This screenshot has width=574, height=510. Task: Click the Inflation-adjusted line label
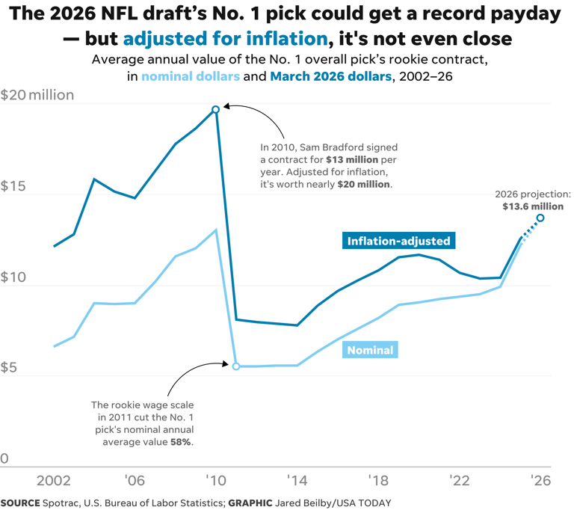(399, 241)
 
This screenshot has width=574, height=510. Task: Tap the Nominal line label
(368, 349)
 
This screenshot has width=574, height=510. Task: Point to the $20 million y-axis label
(37, 95)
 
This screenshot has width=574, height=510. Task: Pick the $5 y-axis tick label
(10, 368)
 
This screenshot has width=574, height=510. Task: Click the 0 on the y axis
(4, 458)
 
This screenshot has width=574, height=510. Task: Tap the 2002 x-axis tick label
(54, 482)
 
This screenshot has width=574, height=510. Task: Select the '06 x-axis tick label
(135, 482)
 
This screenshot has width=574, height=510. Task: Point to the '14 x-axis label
(297, 482)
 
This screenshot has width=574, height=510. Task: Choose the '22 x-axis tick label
(459, 482)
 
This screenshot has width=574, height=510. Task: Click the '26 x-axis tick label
(540, 482)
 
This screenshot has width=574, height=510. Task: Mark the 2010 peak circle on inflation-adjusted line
(216, 109)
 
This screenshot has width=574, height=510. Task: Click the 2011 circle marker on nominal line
(236, 366)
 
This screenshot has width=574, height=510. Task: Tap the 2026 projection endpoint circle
(540, 218)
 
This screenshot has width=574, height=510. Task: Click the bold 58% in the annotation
(181, 442)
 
